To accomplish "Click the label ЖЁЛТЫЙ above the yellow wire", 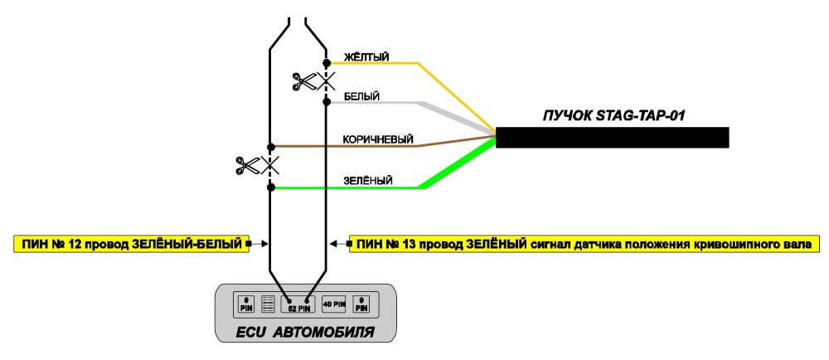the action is pos(366,56).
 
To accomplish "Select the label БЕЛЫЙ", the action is pos(361,97).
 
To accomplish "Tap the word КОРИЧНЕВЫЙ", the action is pos(378,139).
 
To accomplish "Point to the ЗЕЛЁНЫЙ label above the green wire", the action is pos(368,181).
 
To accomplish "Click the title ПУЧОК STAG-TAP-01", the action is pos(613,116).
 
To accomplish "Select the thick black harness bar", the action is pos(613,138).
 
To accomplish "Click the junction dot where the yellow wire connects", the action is pos(327,63).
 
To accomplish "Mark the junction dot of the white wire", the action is pos(327,101).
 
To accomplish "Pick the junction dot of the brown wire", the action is pos(271,147).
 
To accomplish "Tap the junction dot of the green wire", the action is pos(271,187).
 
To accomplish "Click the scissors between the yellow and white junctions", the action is pos(304,81).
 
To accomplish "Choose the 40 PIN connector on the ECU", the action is pos(333,304).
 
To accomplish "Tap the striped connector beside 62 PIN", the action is pos(269,304).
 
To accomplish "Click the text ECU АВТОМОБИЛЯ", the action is pos(304,333).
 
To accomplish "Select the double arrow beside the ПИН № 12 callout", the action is pos(257,244).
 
